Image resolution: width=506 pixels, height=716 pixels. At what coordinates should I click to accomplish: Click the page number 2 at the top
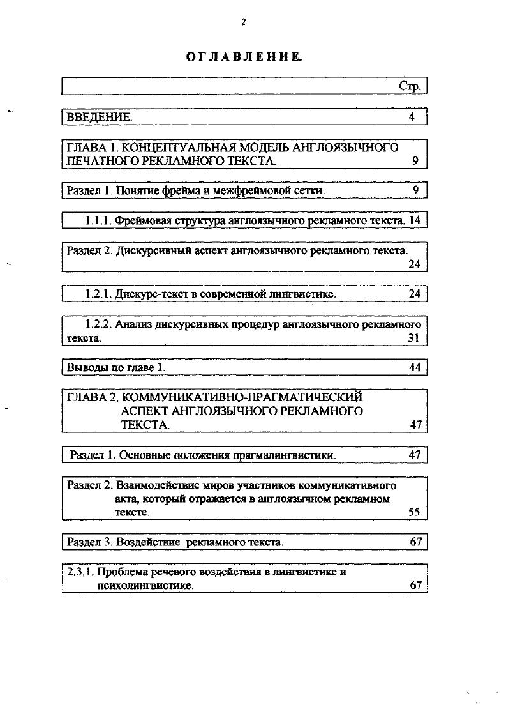point(243,22)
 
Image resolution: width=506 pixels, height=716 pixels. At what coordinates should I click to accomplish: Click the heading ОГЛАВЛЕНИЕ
point(244,57)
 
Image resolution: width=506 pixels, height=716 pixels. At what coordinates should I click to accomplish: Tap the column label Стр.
point(410,86)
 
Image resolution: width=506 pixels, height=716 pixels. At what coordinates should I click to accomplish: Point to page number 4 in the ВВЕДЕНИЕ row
point(412,117)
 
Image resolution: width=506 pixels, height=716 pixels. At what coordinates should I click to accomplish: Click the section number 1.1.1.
point(99,220)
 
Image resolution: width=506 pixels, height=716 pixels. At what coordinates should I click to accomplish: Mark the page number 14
point(415,220)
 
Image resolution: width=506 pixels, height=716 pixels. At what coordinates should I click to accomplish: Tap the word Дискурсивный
point(152,250)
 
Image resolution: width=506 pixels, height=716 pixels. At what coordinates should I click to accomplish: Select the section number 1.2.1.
point(99,294)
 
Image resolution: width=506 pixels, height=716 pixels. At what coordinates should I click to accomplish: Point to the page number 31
point(413,338)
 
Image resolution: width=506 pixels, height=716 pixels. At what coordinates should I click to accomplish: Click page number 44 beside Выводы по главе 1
point(415,367)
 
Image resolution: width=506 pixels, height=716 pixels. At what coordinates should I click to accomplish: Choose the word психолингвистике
point(145,585)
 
